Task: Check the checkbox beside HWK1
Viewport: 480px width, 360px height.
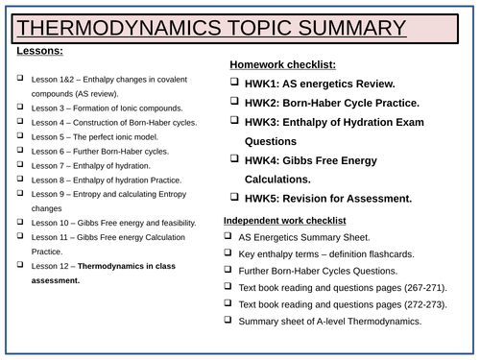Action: [x=234, y=84]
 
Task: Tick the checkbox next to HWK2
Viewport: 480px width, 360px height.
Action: [x=234, y=103]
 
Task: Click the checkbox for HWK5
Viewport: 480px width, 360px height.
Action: [x=234, y=199]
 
